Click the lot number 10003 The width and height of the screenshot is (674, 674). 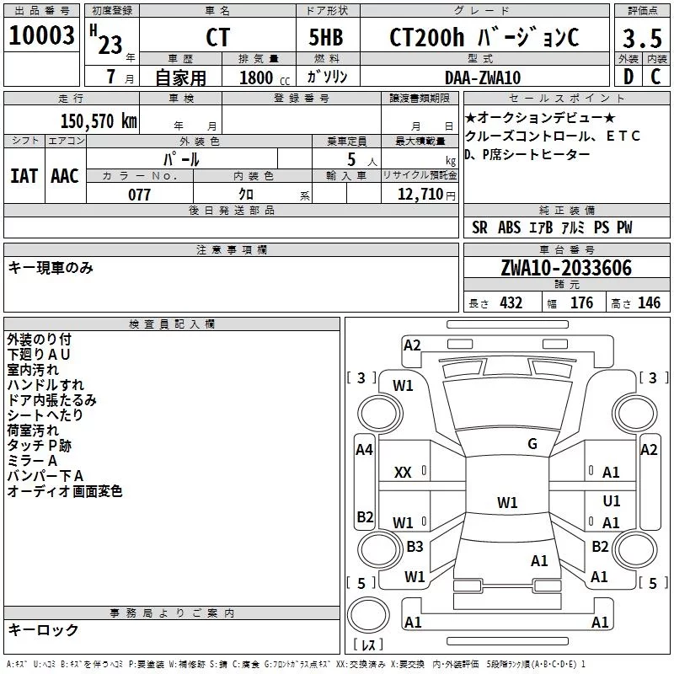(41, 35)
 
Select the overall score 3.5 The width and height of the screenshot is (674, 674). (642, 39)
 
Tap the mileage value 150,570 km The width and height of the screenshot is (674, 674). (99, 121)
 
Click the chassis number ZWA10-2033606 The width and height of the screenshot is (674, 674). (566, 268)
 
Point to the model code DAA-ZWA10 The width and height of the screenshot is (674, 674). (483, 78)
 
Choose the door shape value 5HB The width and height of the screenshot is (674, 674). (326, 37)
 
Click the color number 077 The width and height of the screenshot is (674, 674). (139, 195)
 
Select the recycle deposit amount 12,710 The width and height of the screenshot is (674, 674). (420, 195)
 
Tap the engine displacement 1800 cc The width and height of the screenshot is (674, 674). (265, 78)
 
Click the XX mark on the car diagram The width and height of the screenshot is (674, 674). (403, 473)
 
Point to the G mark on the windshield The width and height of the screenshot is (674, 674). (532, 444)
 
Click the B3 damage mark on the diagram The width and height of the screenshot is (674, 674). (415, 547)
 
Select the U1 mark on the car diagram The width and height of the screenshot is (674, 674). (612, 501)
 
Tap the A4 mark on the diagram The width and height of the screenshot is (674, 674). (364, 450)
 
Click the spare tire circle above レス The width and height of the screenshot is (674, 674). (368, 615)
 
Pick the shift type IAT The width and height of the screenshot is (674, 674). (24, 176)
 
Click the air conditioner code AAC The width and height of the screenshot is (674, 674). (65, 176)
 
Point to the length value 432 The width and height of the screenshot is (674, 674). (511, 303)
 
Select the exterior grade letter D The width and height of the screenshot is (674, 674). (629, 77)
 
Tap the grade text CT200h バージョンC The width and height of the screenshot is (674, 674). (484, 37)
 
